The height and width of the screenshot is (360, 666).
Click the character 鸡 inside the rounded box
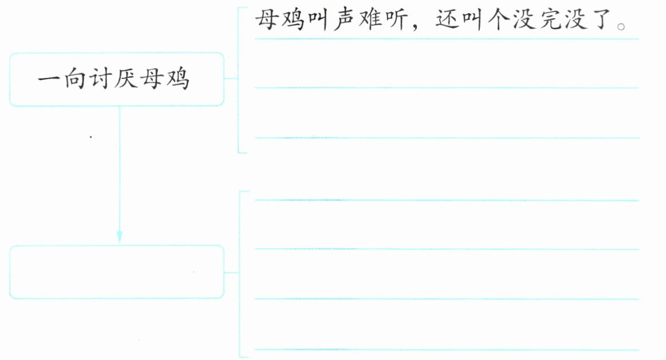pyautogui.click(x=177, y=80)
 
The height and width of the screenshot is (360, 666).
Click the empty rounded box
pyautogui.click(x=117, y=272)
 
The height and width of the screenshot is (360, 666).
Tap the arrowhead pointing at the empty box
pyautogui.click(x=120, y=236)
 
